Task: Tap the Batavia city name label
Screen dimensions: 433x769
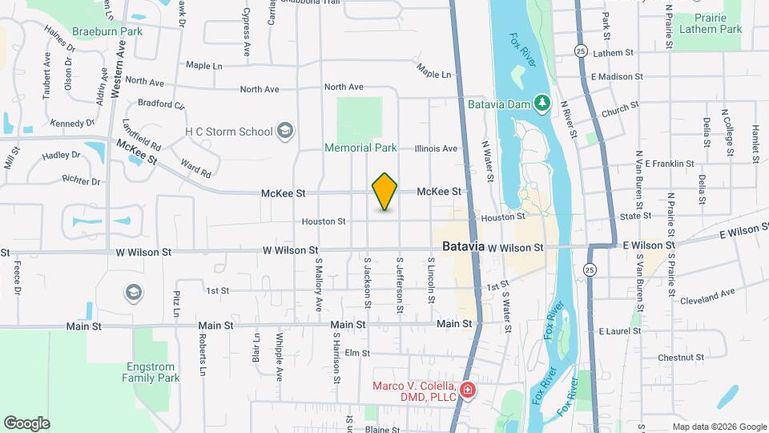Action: pyautogui.click(x=458, y=247)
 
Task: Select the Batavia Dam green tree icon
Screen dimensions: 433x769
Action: pyautogui.click(x=542, y=103)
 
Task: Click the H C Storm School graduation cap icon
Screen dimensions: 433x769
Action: pyautogui.click(x=284, y=131)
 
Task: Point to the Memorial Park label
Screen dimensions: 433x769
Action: pyautogui.click(x=360, y=148)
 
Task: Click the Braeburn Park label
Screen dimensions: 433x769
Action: pyautogui.click(x=107, y=31)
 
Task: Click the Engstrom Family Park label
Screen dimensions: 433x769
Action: pyautogui.click(x=151, y=371)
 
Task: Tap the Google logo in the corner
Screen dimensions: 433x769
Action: pyautogui.click(x=26, y=423)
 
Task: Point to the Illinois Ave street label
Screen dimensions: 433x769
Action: pyautogui.click(x=436, y=148)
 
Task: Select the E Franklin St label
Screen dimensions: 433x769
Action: pyautogui.click(x=670, y=164)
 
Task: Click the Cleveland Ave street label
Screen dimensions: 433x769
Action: pyautogui.click(x=707, y=297)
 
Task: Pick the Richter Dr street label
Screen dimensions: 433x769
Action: pyautogui.click(x=84, y=182)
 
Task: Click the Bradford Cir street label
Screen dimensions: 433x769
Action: pyautogui.click(x=161, y=104)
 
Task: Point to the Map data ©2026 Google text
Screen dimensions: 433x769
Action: pyautogui.click(x=719, y=427)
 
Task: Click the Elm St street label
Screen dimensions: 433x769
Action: pyautogui.click(x=356, y=353)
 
